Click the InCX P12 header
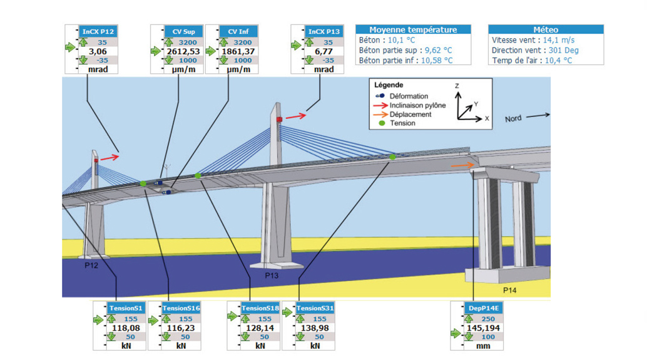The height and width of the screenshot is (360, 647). pyautogui.click(x=99, y=31)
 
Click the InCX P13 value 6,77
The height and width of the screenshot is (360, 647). pyautogui.click(x=323, y=51)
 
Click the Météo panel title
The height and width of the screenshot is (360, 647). pyautogui.click(x=546, y=29)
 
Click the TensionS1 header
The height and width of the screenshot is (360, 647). pyautogui.click(x=126, y=308)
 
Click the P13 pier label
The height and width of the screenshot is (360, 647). pyautogui.click(x=272, y=275)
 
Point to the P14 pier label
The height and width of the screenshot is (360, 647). pyautogui.click(x=510, y=291)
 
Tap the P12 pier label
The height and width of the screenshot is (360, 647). pyautogui.click(x=91, y=265)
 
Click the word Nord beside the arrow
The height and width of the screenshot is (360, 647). pyautogui.click(x=513, y=119)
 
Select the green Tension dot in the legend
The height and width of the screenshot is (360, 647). pyautogui.click(x=382, y=123)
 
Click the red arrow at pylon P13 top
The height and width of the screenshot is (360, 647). pyautogui.click(x=297, y=115)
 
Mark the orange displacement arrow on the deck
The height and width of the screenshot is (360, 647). pyautogui.click(x=462, y=165)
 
